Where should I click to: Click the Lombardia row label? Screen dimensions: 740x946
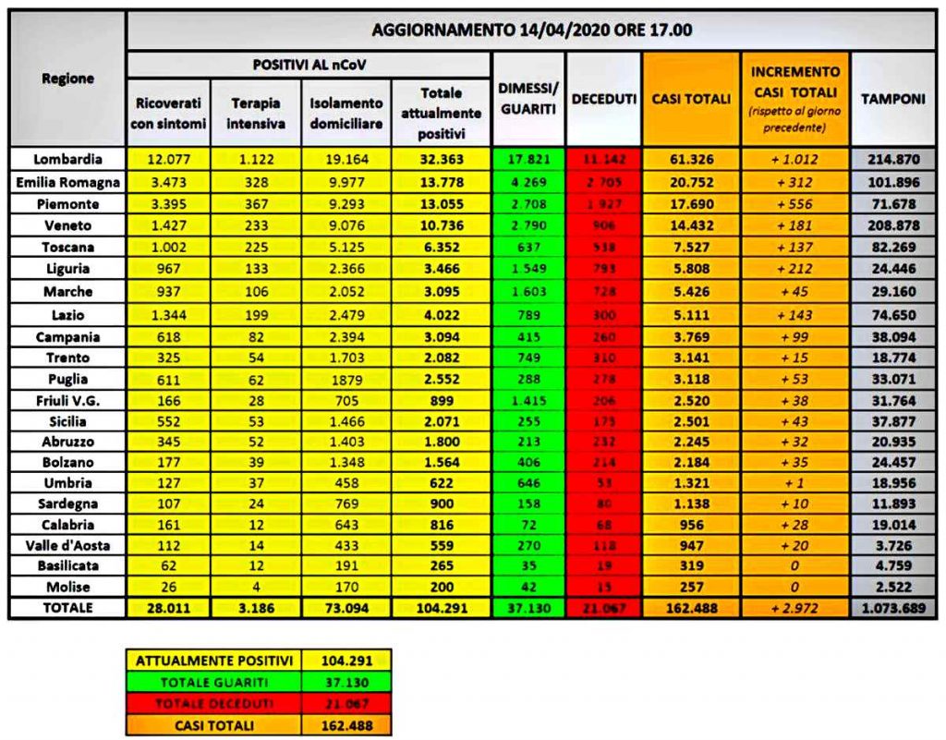67,159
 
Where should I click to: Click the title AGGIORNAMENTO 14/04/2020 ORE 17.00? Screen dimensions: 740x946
531,30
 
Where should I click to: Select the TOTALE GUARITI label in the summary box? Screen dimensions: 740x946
214,683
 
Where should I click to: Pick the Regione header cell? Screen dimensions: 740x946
67,79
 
